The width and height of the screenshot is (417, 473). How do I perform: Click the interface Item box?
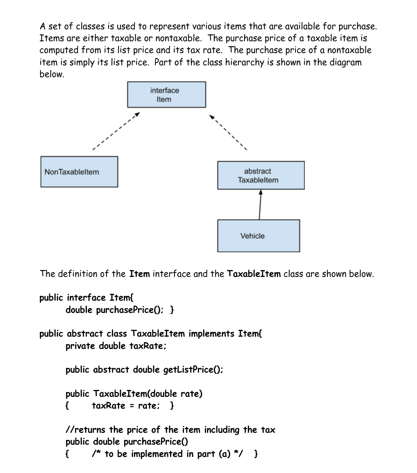[x=166, y=95]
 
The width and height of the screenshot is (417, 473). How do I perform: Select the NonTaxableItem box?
[x=79, y=171]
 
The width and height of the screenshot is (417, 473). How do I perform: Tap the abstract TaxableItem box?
[x=261, y=175]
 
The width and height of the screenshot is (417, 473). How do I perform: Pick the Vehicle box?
[x=258, y=235]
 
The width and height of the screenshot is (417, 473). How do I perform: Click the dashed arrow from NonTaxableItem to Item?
[x=116, y=131]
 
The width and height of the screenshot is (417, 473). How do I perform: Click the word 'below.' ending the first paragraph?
[x=52, y=75]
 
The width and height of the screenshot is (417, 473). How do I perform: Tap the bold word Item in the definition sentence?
[x=139, y=274]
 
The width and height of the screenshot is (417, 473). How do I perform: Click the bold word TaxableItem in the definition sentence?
[x=254, y=274]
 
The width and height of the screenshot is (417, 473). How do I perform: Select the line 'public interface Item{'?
[x=83, y=297]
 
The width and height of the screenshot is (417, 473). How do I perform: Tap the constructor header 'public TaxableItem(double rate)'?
[x=134, y=394]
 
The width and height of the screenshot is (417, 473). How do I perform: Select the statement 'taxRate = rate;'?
[x=125, y=406]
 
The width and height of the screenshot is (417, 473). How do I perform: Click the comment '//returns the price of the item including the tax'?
[x=170, y=430]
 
